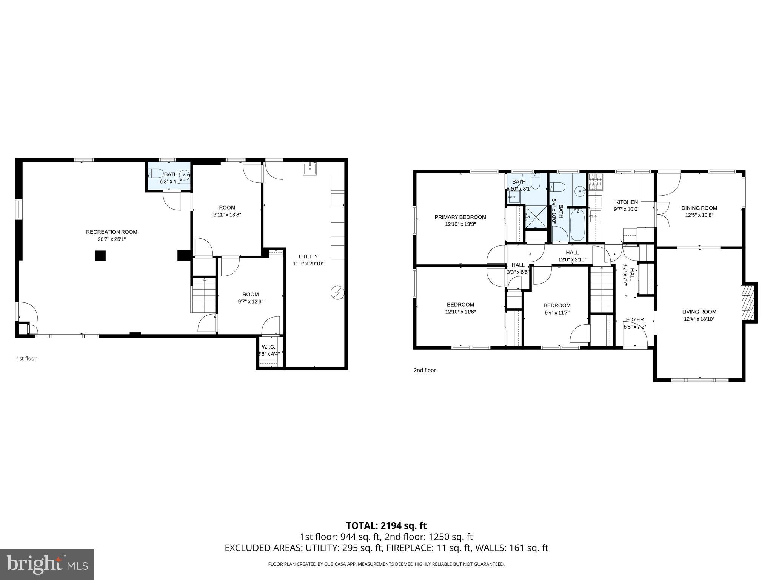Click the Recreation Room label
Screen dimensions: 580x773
coord(111,232)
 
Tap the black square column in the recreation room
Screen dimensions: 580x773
coord(100,256)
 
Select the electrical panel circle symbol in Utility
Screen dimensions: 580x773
coord(337,293)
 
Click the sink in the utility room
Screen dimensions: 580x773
coord(310,169)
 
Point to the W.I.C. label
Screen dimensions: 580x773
coord(268,347)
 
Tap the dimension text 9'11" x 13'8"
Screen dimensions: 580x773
coord(227,215)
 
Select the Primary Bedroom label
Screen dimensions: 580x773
coord(460,217)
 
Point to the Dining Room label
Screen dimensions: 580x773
coord(699,208)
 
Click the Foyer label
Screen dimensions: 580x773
coord(635,319)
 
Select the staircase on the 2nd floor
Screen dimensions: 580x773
coord(602,289)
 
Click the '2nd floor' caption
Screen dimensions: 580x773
coord(425,370)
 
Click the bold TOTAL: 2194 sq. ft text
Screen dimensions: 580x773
coord(386,526)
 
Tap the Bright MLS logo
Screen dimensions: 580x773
coord(47,565)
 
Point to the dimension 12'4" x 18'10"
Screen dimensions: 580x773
coord(699,319)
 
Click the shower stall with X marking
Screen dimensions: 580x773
coord(536,217)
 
